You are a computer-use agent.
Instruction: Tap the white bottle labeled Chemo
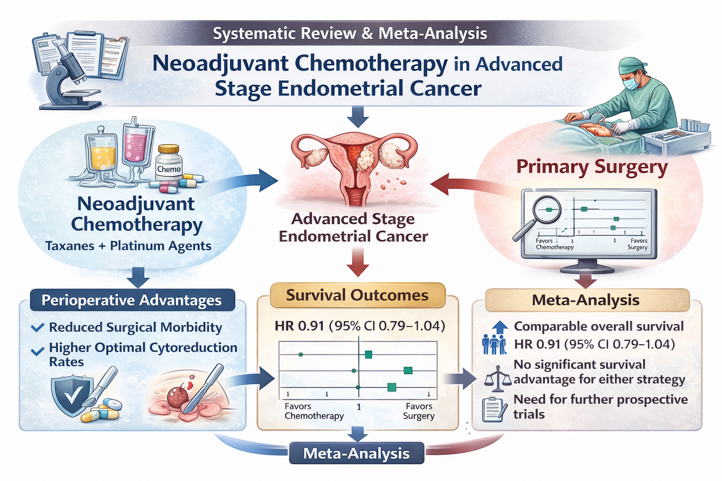(x=169, y=162)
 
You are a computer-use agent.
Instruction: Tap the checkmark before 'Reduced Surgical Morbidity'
(x=38, y=327)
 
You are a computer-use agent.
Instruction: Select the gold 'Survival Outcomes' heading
(x=357, y=295)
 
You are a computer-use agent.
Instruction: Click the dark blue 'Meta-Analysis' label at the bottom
(x=356, y=453)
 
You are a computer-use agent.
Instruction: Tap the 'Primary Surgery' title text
(x=592, y=167)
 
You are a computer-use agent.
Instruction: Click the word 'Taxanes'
(x=70, y=246)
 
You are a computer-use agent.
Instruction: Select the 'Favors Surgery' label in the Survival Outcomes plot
(x=419, y=411)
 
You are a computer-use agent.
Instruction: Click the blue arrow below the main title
(x=358, y=116)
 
